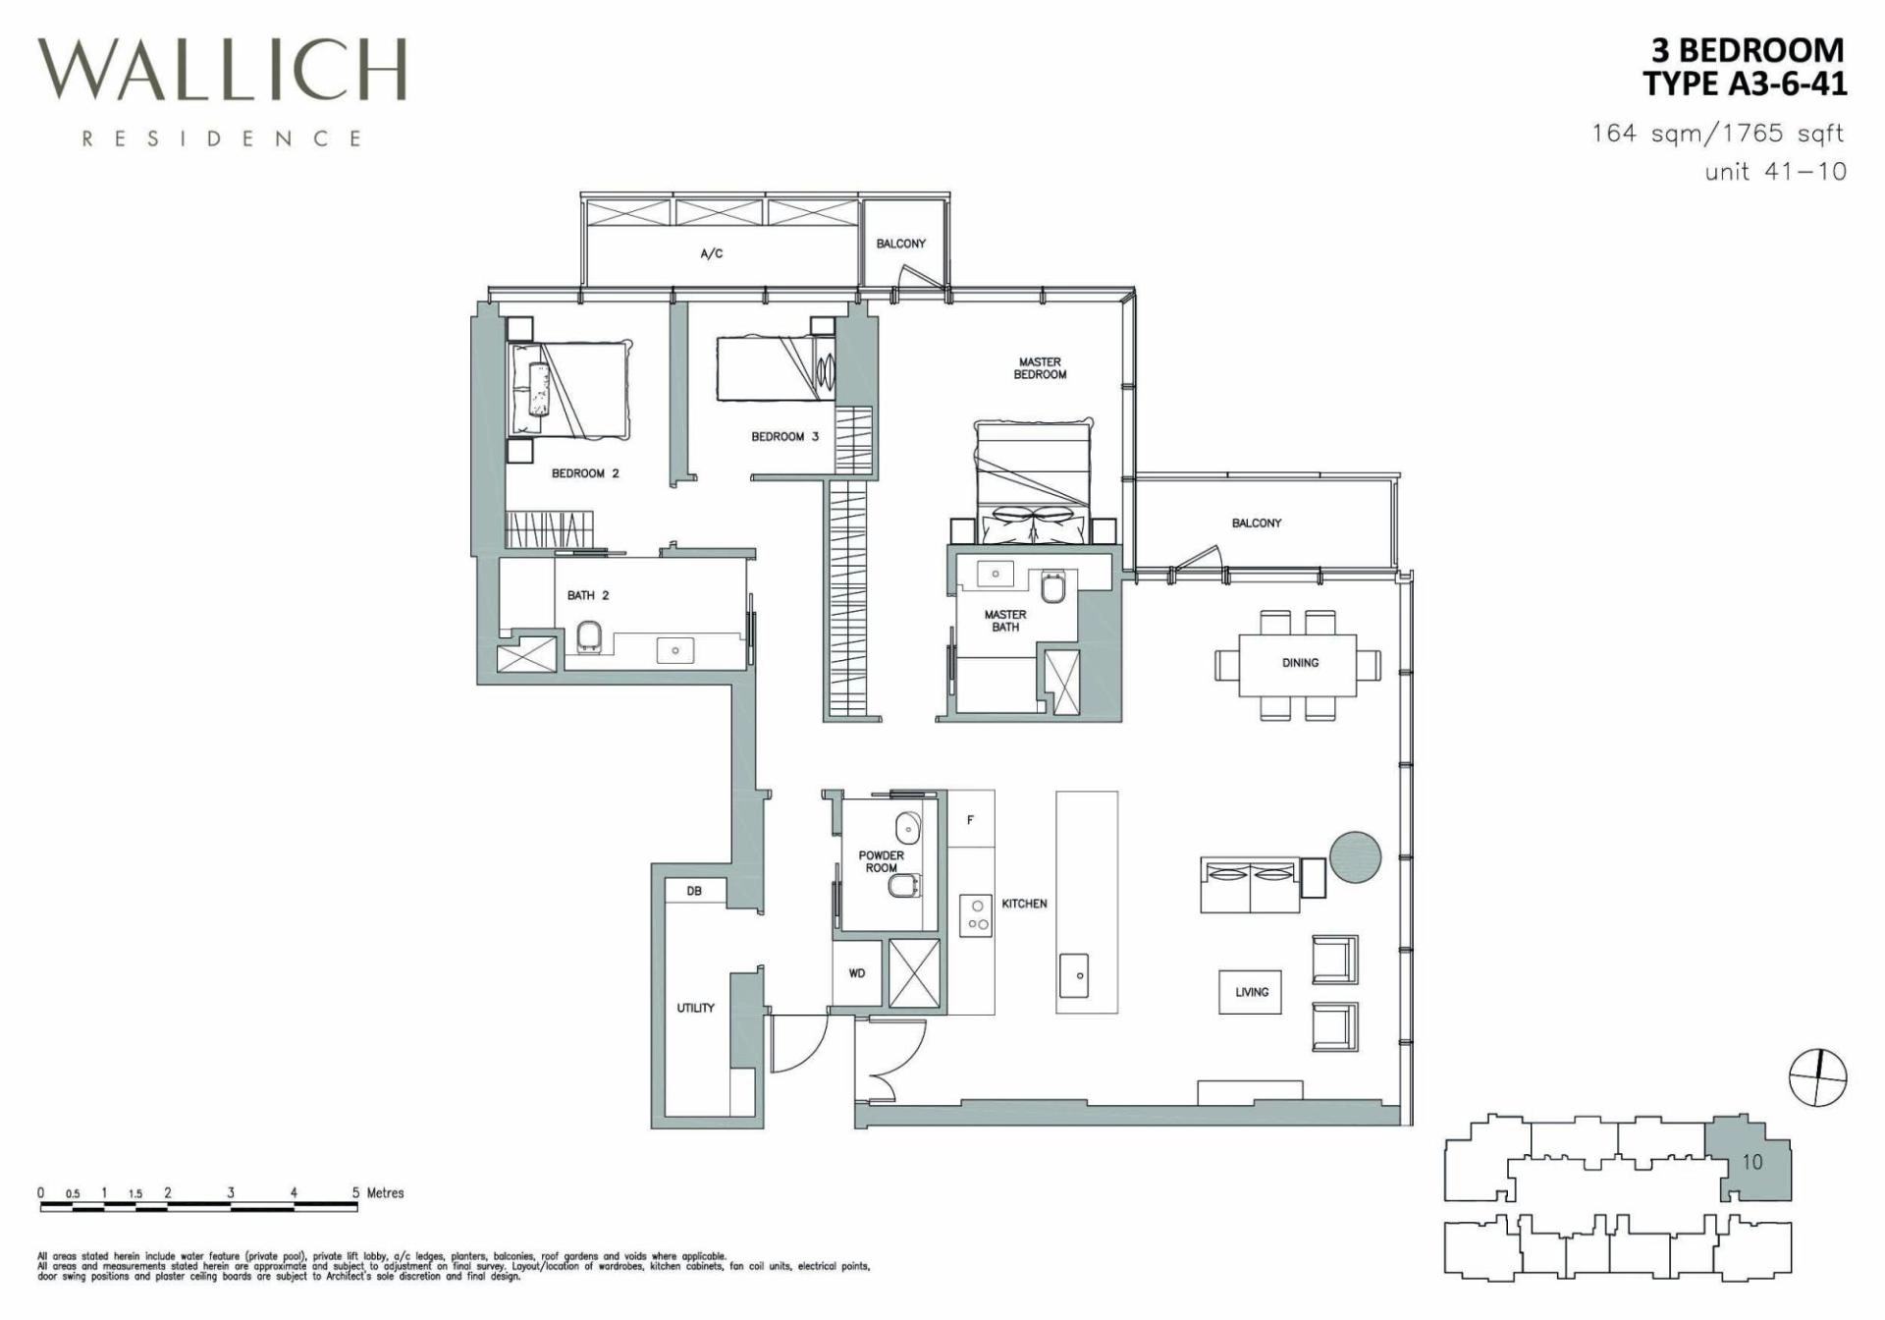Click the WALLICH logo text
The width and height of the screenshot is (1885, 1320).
(x=223, y=71)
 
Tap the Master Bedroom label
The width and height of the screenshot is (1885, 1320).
(x=1040, y=368)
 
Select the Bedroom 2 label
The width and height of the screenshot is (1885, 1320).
(x=585, y=473)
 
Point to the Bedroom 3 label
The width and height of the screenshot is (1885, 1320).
(x=784, y=436)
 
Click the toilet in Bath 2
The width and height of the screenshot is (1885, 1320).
(x=589, y=636)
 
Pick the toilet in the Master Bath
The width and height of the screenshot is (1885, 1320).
(x=1052, y=588)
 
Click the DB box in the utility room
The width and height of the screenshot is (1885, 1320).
(x=695, y=891)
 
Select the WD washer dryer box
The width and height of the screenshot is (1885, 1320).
(x=857, y=973)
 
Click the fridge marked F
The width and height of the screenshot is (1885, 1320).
(x=971, y=819)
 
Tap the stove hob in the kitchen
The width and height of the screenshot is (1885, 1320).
(x=977, y=915)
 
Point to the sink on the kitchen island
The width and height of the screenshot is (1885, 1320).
(x=1080, y=974)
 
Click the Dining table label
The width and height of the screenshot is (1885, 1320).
(x=1300, y=663)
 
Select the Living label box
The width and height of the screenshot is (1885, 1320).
(x=1252, y=992)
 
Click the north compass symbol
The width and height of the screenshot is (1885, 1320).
(x=1818, y=1076)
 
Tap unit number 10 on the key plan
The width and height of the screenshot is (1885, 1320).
(x=1752, y=1162)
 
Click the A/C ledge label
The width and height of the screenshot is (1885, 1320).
(x=712, y=253)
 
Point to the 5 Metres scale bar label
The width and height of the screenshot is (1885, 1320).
(x=379, y=1193)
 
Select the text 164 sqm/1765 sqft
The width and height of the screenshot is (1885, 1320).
(x=1718, y=133)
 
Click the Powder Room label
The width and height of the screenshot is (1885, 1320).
(x=882, y=861)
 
